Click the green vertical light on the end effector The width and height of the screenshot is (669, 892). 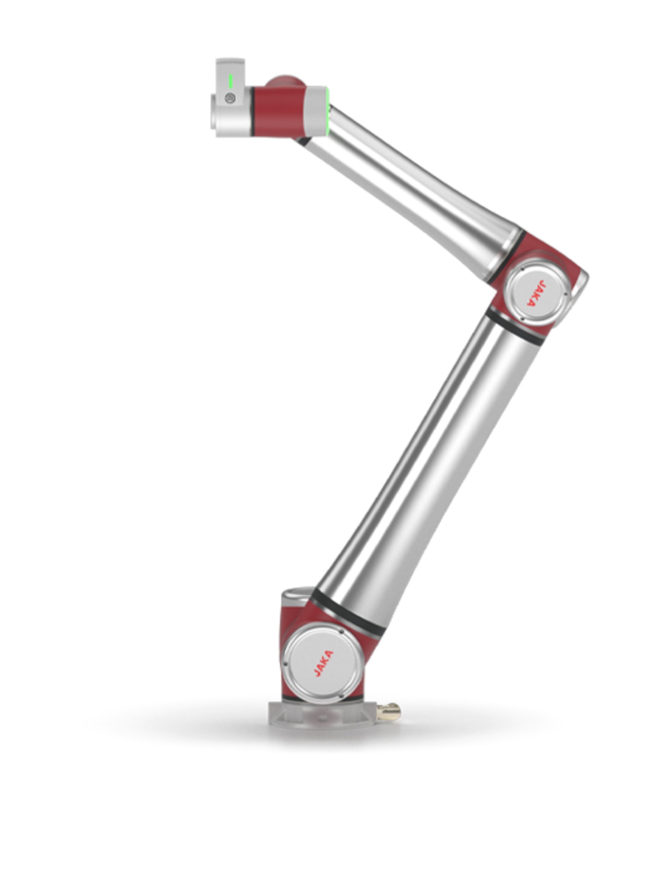(230, 82)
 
